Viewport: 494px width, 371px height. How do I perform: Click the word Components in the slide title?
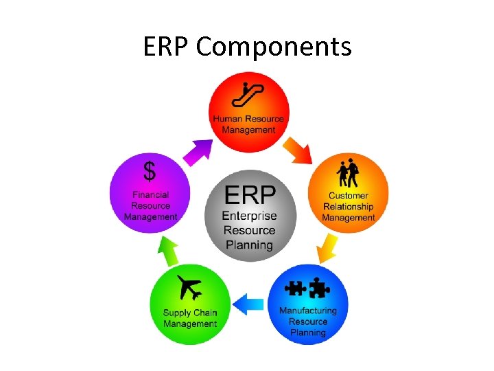click(274, 47)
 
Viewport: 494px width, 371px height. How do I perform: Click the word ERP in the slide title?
click(167, 47)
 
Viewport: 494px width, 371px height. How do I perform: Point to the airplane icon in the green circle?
click(189, 287)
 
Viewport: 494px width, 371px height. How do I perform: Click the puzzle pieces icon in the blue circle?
click(307, 288)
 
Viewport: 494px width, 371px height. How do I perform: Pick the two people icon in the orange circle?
click(349, 173)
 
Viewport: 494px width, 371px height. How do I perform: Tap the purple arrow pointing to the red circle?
click(200, 149)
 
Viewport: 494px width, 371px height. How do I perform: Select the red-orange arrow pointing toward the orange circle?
click(298, 149)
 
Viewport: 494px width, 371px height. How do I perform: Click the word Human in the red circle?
click(227, 119)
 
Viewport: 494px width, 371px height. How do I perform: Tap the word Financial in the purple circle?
click(151, 195)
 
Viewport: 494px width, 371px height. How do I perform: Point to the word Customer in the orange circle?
click(349, 196)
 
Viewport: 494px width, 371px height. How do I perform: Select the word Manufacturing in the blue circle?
click(308, 311)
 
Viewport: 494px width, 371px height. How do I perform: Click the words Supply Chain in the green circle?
click(190, 313)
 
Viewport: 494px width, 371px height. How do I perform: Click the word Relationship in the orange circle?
click(349, 207)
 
